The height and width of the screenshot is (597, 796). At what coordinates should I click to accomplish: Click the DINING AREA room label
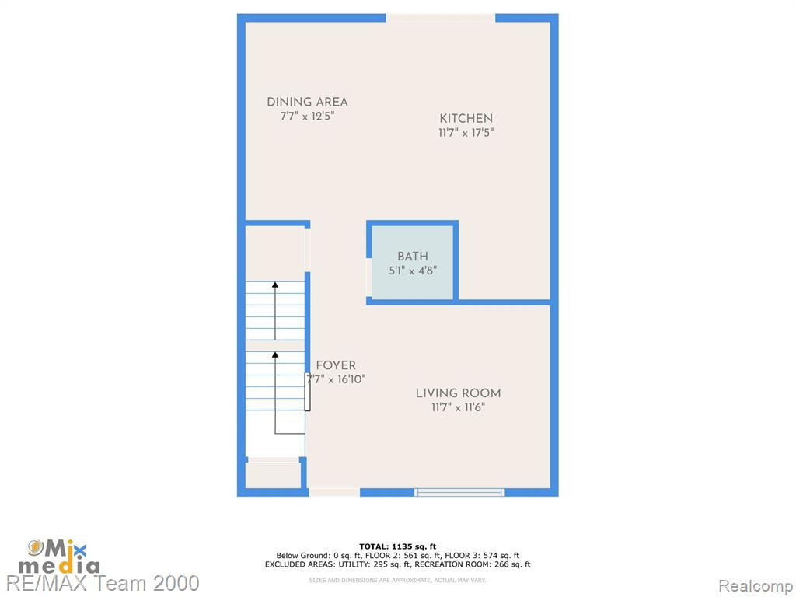click(307, 102)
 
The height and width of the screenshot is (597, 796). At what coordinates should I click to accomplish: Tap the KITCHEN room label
click(466, 119)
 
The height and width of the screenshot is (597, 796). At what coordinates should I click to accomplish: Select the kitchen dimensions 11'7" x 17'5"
click(466, 133)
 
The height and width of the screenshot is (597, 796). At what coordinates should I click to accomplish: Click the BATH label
click(412, 257)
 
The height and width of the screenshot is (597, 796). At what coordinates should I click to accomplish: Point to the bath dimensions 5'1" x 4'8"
click(413, 271)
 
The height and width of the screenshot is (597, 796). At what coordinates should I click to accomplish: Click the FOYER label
click(336, 365)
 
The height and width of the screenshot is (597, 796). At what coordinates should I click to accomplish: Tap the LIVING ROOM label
click(459, 393)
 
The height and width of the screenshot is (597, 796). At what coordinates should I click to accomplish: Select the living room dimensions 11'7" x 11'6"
click(459, 407)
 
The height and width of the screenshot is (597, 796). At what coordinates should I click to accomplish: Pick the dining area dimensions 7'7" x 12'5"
click(307, 117)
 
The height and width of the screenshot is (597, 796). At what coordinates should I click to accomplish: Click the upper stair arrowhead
click(275, 285)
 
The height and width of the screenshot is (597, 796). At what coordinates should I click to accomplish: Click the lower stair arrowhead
click(275, 354)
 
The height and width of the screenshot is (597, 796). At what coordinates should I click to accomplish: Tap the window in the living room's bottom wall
click(459, 492)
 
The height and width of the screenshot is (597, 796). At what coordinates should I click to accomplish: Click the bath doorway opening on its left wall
click(369, 278)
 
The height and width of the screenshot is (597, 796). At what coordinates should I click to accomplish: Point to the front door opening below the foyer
click(334, 492)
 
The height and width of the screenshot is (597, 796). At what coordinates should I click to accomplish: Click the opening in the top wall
click(441, 19)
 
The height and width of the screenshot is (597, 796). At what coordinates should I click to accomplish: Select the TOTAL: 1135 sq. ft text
click(397, 546)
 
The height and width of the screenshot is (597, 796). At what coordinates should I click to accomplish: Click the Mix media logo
click(59, 557)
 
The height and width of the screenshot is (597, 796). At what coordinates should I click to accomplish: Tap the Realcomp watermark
click(756, 586)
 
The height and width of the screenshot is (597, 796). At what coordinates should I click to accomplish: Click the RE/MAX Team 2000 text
click(103, 583)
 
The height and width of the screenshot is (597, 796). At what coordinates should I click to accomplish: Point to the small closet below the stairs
click(273, 475)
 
